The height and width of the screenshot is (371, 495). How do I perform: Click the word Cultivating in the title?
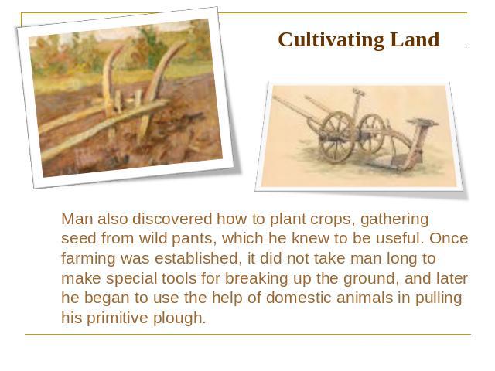(x=331, y=40)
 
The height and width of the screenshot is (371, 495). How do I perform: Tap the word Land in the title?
(x=415, y=39)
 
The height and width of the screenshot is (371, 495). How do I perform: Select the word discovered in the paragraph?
(x=172, y=219)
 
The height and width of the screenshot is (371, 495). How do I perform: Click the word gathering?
(x=394, y=220)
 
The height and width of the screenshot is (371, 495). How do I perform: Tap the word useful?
(x=400, y=238)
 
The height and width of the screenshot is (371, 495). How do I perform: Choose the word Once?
(x=449, y=238)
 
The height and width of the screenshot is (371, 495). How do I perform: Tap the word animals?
(x=364, y=298)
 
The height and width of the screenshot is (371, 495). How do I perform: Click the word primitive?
(x=117, y=318)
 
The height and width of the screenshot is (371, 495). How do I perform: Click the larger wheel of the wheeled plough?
(x=336, y=137)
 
